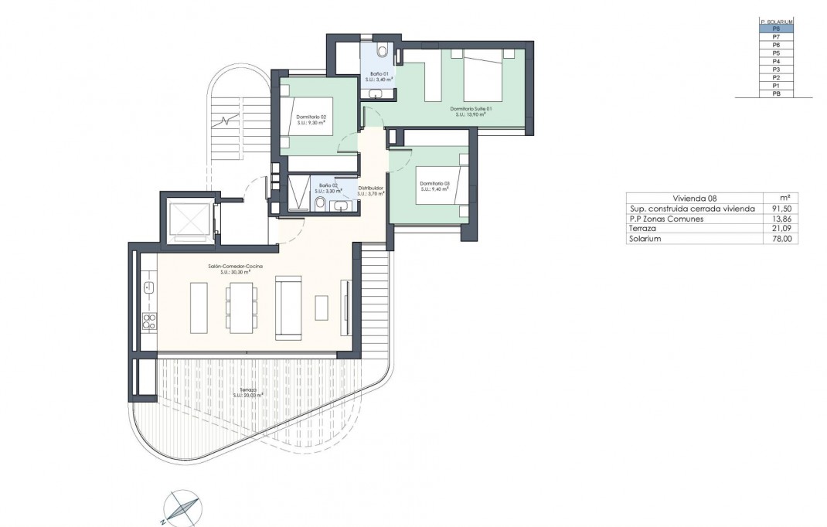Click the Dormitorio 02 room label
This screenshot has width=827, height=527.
coord(316,118)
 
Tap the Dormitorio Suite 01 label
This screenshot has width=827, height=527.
coord(471,109)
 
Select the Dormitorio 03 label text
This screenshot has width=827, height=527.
coord(434,184)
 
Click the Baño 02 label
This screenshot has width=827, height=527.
coord(328,187)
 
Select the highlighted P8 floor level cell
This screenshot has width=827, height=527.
coord(775,29)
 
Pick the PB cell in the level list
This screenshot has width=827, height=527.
coord(775,93)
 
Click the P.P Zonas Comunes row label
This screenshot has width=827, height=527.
coord(665,219)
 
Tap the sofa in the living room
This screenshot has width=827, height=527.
coord(288,308)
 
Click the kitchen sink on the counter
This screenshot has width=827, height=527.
coord(149,289)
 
